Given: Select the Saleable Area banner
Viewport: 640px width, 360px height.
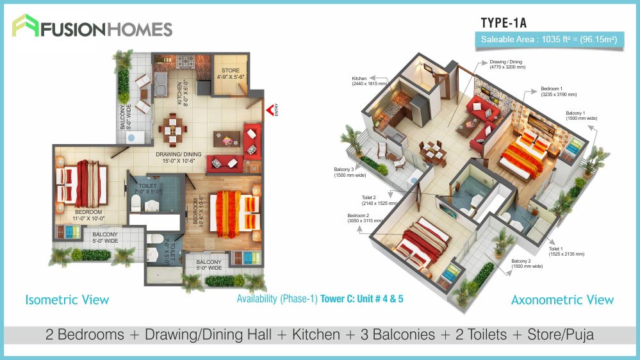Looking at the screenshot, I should (549, 40).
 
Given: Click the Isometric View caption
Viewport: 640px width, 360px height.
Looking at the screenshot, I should (67, 300).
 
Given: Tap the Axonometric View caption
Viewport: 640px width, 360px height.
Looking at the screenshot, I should (562, 300).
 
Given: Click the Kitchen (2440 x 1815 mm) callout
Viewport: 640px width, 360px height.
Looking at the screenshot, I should (369, 81).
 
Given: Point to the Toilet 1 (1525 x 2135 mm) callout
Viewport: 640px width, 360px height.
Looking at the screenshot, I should (566, 251).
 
